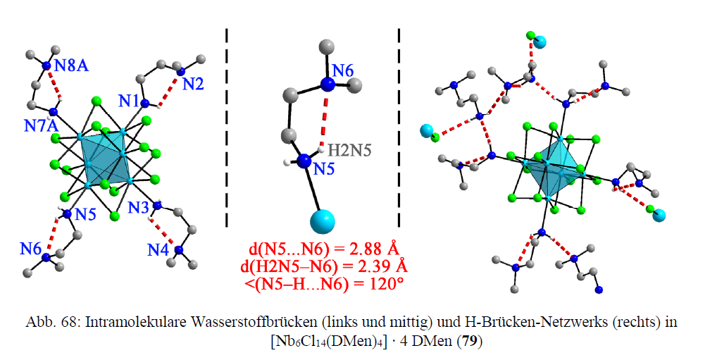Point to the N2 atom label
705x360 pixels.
pos(194,85)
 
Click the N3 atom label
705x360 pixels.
pos(139,208)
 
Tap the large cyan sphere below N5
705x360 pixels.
pos(323,221)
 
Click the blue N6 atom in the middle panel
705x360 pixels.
pos(327,85)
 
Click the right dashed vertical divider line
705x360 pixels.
pos(399,127)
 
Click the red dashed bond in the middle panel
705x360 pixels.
pos(324,120)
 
